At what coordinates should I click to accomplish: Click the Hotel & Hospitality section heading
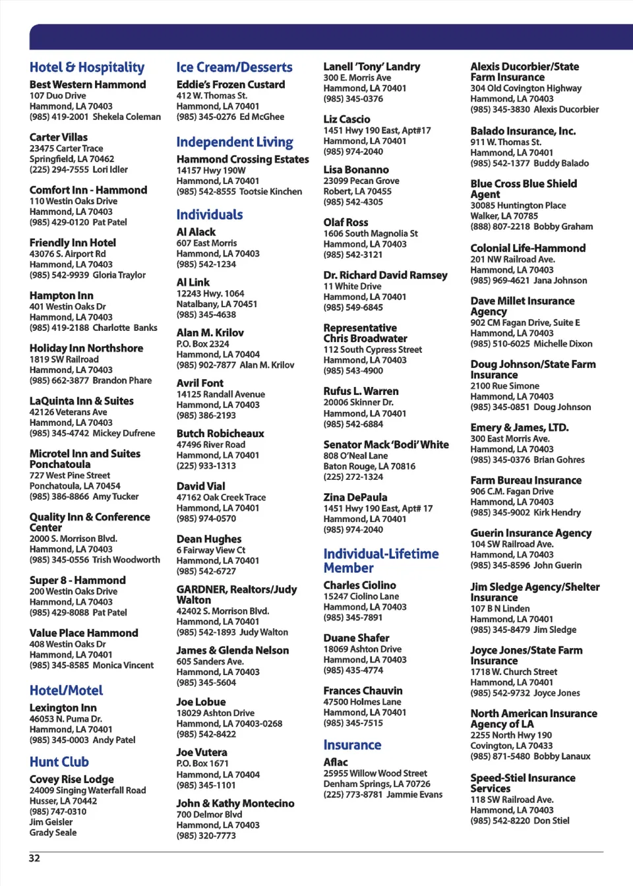87,67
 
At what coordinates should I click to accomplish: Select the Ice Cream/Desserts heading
234,67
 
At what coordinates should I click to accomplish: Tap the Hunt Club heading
59,761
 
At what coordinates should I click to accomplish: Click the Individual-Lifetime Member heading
380,560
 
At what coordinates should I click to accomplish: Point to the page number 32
34,858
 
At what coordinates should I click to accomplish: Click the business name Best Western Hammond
88,84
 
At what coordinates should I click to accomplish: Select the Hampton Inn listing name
61,295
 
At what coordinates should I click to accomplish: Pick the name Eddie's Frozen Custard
231,84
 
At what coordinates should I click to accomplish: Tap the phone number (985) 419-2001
59,117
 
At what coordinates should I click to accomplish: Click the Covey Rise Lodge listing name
71,779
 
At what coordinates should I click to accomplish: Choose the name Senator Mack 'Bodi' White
386,444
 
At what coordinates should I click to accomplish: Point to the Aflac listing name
335,762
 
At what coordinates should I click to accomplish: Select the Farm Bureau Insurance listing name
526,480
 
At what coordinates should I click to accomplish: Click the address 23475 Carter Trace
66,148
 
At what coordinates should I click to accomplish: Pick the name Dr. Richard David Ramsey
385,275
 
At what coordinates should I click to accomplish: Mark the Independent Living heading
234,142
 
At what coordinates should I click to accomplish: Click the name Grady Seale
53,833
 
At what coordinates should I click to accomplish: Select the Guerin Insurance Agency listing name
531,533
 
